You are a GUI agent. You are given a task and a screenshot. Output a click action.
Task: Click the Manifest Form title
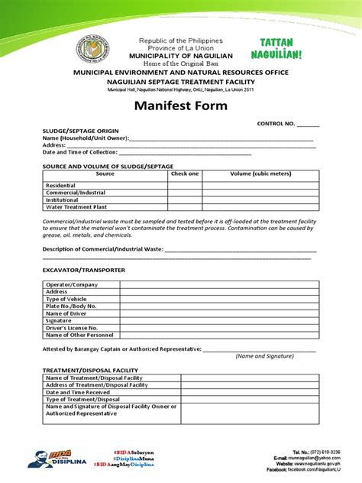tap(181, 106)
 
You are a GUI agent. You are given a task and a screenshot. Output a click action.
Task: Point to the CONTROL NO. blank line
tap(309, 124)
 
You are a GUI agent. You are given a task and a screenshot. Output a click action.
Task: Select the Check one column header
tap(184, 173)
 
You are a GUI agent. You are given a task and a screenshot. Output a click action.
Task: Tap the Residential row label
tap(61, 186)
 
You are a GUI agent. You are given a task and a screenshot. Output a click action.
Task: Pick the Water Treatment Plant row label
tap(75, 206)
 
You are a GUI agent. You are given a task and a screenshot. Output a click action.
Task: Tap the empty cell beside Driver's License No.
tap(218, 327)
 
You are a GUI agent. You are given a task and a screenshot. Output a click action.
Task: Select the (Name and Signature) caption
tap(259, 356)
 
